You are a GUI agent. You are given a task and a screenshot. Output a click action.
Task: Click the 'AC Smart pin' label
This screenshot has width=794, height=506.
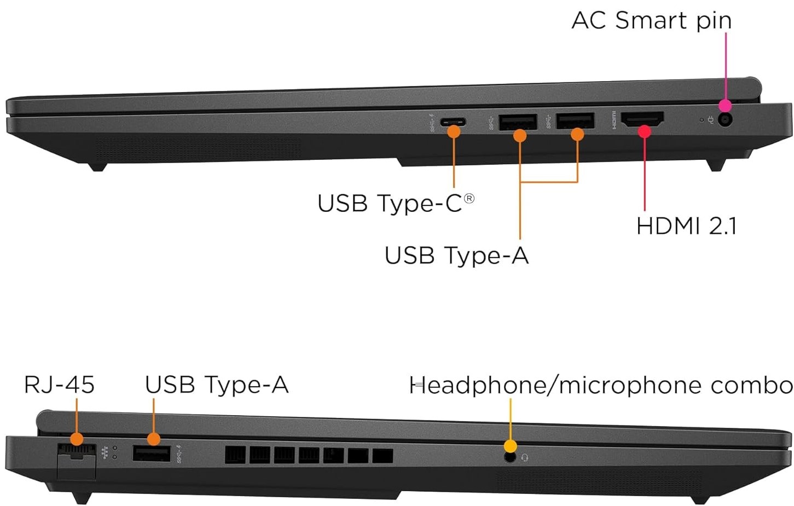pos(651,21)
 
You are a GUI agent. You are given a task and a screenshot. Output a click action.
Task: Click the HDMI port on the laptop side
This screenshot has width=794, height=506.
pos(644,120)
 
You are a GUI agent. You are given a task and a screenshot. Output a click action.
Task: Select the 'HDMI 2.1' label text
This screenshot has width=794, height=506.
pos(686,226)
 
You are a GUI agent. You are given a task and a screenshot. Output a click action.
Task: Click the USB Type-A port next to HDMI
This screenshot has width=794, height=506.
pos(575,120)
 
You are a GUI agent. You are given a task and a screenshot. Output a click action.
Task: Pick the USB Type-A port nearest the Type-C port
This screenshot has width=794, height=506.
pos(517,121)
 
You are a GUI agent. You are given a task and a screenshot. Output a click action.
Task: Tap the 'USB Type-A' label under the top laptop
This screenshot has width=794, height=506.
pos(456,256)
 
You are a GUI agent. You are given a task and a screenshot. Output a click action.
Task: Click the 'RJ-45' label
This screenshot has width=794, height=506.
pos(59,385)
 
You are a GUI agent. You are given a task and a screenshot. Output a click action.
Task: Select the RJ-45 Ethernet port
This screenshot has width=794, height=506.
pos(76,452)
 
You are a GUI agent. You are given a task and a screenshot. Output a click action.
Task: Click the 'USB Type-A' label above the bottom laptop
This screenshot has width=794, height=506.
pos(216,385)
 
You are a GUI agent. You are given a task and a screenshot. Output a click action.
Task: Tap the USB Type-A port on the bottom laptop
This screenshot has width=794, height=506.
pos(152,454)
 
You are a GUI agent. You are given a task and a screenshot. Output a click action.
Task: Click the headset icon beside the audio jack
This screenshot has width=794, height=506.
pos(525,457)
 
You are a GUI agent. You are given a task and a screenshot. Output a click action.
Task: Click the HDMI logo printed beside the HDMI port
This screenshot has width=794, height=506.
pos(615,120)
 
